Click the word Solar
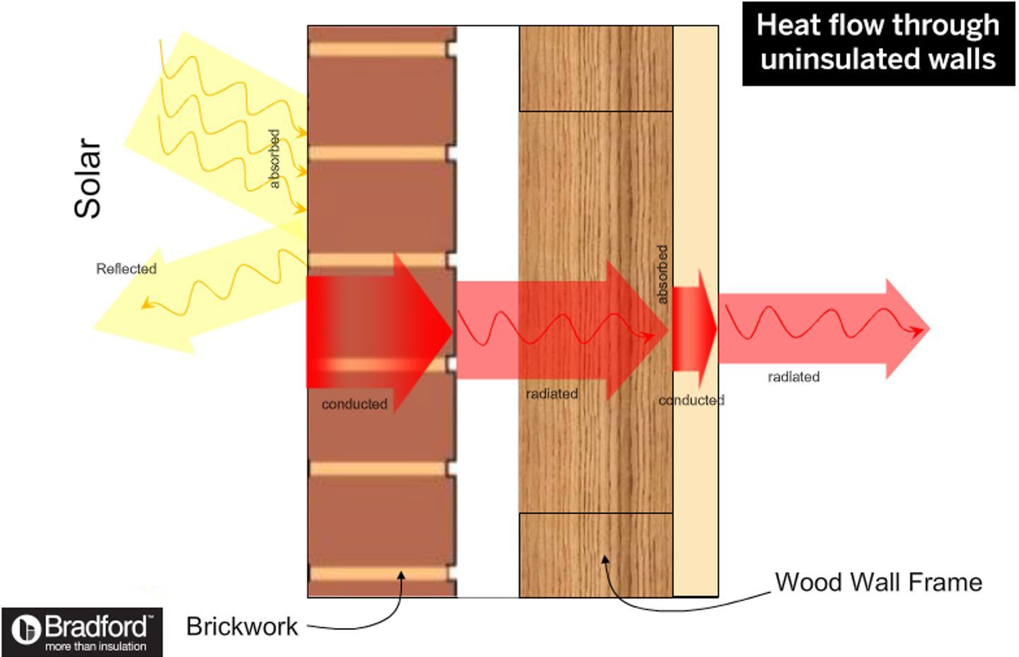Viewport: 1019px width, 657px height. click(88, 178)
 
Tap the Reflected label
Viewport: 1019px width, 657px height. click(126, 269)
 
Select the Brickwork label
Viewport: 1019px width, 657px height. click(242, 627)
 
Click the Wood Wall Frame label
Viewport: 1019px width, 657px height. click(878, 582)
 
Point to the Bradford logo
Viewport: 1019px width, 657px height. click(81, 632)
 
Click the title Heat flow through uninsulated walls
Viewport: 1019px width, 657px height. click(878, 43)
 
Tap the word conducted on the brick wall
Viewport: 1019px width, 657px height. click(354, 404)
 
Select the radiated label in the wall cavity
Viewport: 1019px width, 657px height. click(552, 394)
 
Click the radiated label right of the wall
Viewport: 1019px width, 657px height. click(793, 377)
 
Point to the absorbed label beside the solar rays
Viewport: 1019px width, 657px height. click(275, 159)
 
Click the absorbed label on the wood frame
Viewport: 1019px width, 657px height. click(662, 275)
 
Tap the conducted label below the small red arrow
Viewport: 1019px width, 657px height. click(691, 401)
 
